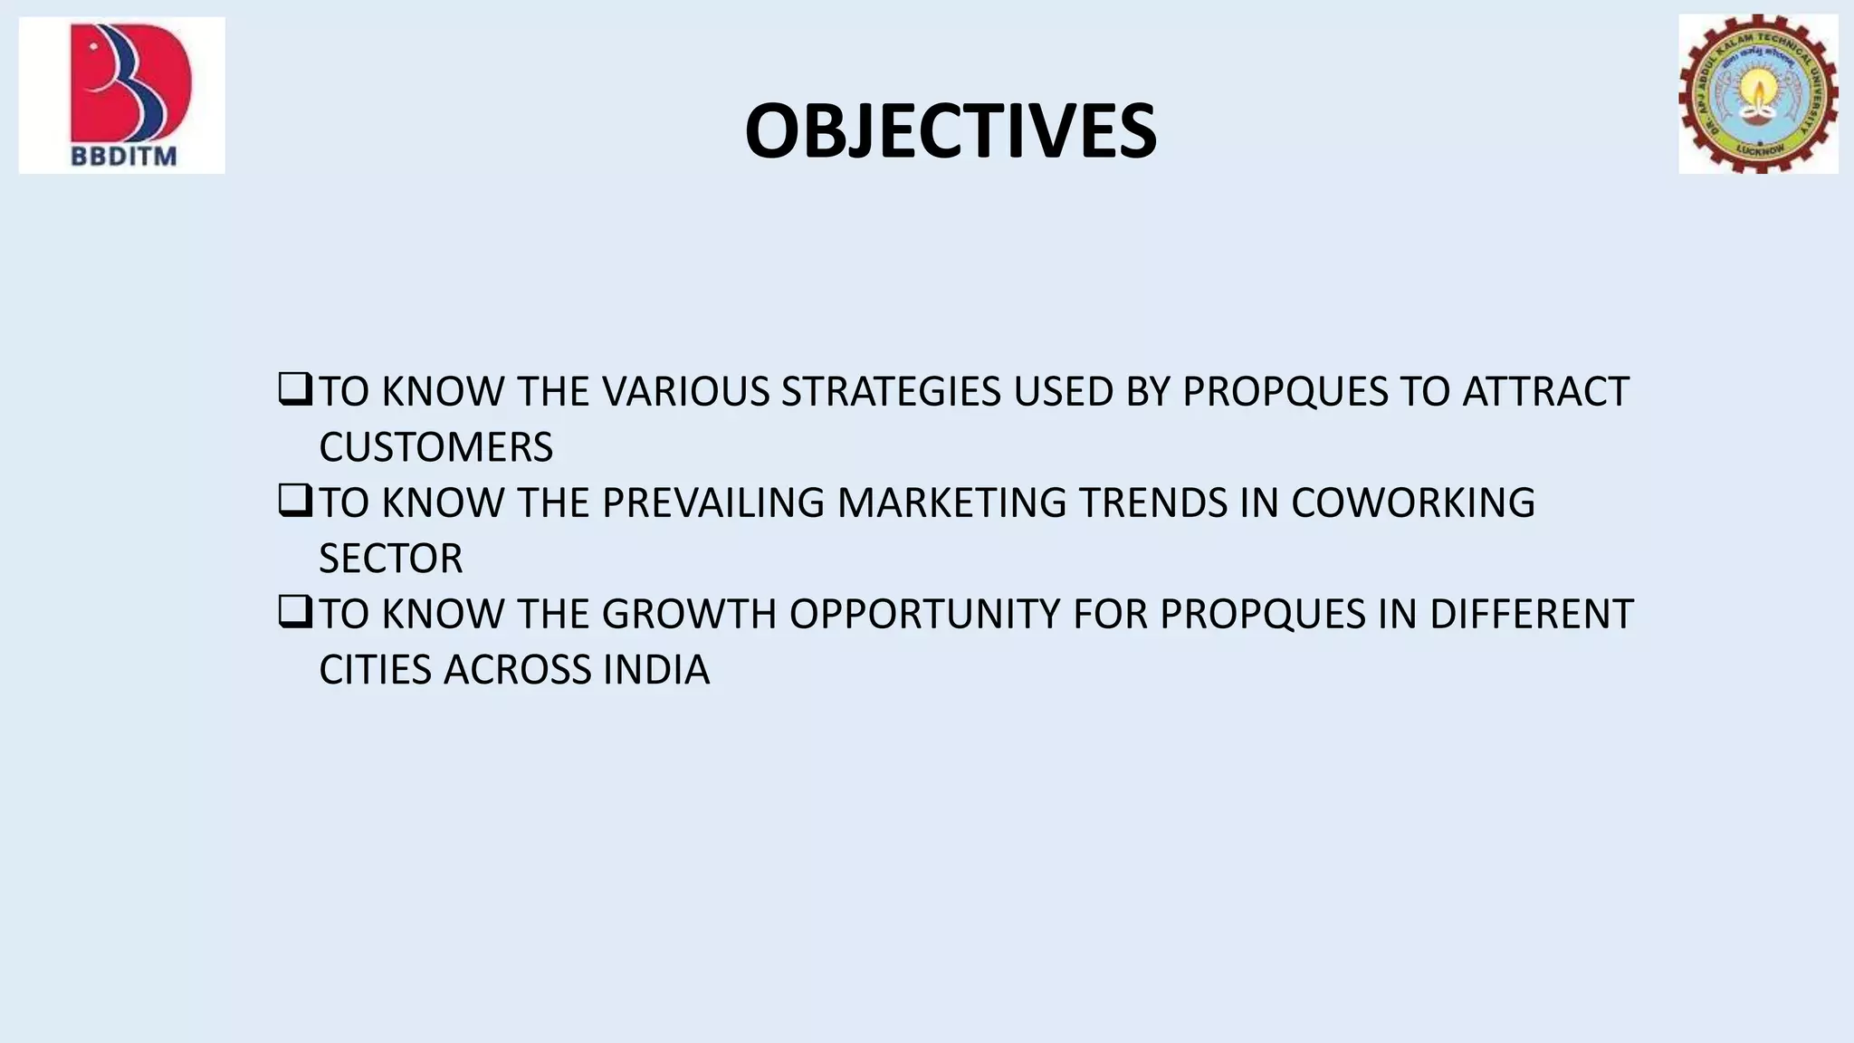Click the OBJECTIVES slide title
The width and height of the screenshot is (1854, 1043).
pyautogui.click(x=950, y=132)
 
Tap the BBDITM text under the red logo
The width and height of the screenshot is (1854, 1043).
pyautogui.click(x=124, y=156)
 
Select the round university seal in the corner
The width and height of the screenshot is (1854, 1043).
pyautogui.click(x=1758, y=93)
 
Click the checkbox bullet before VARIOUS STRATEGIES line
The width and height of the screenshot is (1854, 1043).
pyautogui.click(x=295, y=390)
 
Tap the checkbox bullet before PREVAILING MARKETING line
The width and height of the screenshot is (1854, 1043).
pyautogui.click(x=295, y=502)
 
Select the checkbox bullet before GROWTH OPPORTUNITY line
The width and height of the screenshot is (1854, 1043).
pyautogui.click(x=295, y=613)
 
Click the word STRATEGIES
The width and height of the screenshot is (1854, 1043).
pyautogui.click(x=891, y=392)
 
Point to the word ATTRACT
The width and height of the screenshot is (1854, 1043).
pyautogui.click(x=1545, y=392)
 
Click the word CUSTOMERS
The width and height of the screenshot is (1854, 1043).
pyautogui.click(x=435, y=447)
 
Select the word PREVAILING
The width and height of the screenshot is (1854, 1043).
pyautogui.click(x=713, y=503)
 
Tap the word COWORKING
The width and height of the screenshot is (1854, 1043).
pyautogui.click(x=1412, y=503)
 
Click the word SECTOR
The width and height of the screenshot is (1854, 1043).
pyautogui.click(x=390, y=559)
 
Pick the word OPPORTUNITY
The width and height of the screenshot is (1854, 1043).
pyautogui.click(x=925, y=615)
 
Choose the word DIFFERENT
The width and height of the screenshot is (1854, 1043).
pyautogui.click(x=1531, y=615)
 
